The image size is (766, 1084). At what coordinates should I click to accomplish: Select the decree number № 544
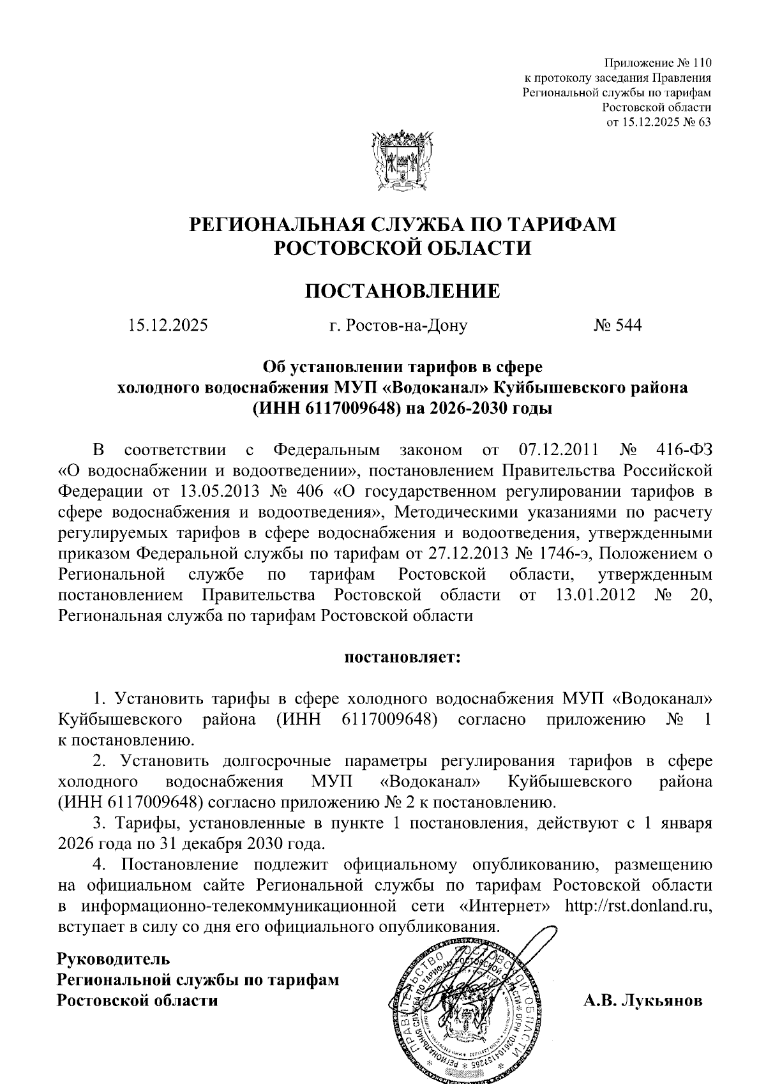[617, 326]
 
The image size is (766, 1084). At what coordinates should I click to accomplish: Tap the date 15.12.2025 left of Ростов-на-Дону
[168, 326]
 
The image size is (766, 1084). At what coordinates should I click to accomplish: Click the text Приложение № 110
[657, 63]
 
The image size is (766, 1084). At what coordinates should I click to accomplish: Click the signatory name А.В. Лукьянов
[643, 1000]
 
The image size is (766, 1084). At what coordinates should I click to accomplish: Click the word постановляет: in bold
[402, 657]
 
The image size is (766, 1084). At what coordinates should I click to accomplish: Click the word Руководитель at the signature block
[114, 958]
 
